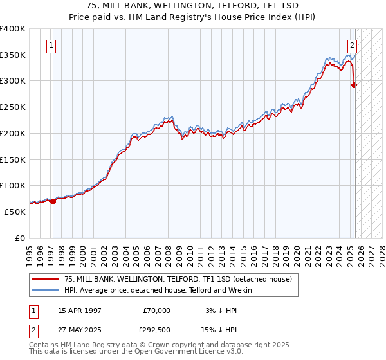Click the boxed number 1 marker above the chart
click(51, 46)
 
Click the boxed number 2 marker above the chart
click(353, 46)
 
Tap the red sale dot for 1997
click(53, 201)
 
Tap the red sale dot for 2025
click(354, 84)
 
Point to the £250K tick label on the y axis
click(13, 107)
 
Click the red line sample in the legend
click(45, 279)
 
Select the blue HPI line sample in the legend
click(45, 290)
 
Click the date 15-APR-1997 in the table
click(80, 310)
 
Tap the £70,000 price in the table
click(156, 310)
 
